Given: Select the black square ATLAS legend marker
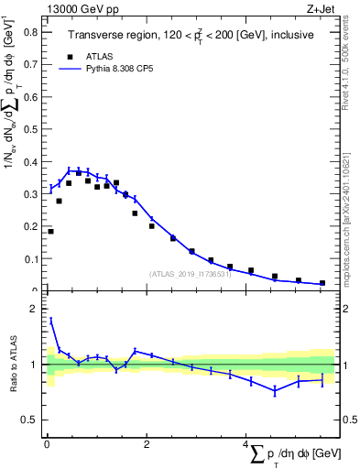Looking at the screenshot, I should tap(70, 55).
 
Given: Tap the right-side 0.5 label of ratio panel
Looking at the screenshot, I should tap(348, 420).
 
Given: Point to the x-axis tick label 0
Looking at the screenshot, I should tap(47, 444).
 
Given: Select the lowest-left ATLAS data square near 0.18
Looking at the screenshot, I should tap(50, 231).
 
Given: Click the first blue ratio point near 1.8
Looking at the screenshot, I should tap(50, 320).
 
